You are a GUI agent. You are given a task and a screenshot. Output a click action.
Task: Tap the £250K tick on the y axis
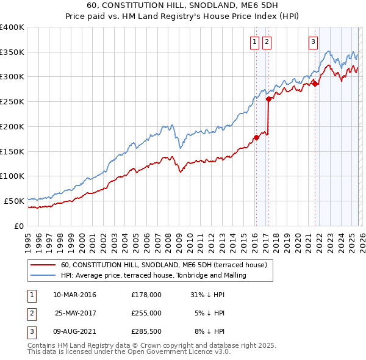tap(12, 101)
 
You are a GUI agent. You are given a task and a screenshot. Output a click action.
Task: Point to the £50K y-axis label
tap(14, 201)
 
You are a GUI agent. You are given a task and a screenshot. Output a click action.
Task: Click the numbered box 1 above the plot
tap(254, 42)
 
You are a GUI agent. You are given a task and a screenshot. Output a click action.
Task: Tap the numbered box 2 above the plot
tap(267, 42)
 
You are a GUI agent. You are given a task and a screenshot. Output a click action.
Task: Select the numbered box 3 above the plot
tap(313, 42)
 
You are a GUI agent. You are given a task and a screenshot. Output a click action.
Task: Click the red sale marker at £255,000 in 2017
tap(269, 99)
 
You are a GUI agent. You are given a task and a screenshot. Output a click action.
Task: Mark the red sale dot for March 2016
tap(256, 137)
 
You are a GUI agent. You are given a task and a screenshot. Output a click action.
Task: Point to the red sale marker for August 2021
tap(315, 84)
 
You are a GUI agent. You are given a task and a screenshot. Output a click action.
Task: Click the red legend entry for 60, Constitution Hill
tap(163, 265)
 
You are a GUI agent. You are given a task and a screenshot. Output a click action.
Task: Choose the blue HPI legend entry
tap(153, 276)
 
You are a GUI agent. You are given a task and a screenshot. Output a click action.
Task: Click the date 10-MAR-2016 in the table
tap(74, 295)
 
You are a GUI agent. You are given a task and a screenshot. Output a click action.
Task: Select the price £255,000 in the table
tap(146, 313)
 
